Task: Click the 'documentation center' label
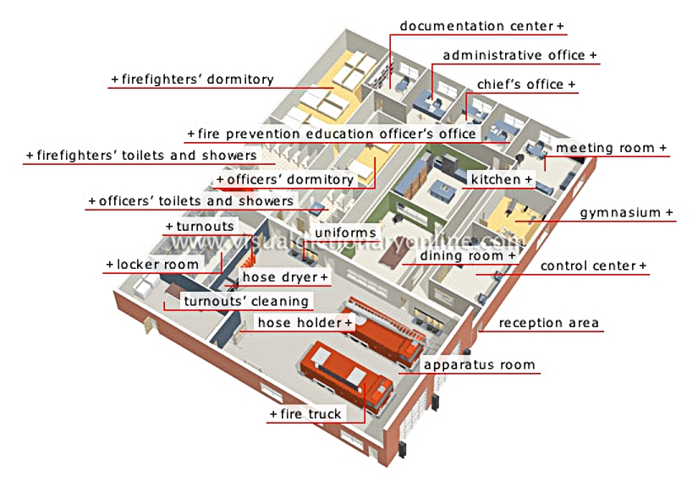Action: [x=476, y=26]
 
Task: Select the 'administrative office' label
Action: [x=514, y=55]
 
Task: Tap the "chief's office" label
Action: [x=520, y=85]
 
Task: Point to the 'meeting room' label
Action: [x=605, y=148]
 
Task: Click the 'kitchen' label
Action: [x=496, y=179]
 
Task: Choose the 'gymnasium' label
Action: [x=619, y=213]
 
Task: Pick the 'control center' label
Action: [x=588, y=266]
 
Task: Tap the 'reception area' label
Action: [x=548, y=323]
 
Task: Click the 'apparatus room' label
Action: [x=479, y=365]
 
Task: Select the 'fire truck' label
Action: [x=311, y=414]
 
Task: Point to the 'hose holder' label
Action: [x=300, y=322]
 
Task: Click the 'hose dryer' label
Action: [x=280, y=277]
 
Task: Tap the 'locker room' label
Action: [x=157, y=265]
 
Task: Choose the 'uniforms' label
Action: [x=345, y=233]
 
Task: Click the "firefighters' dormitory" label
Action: [x=198, y=79]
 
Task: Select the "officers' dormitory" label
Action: [x=290, y=180]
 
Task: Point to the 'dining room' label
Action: [x=461, y=255]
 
